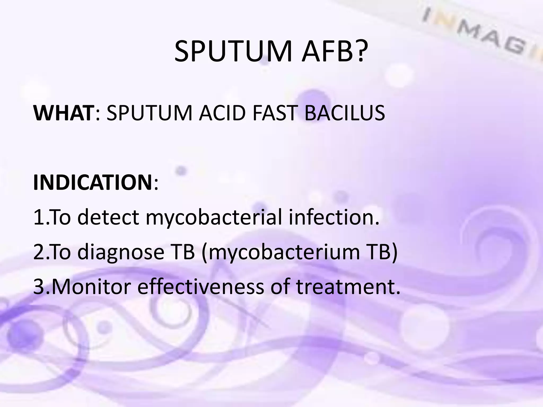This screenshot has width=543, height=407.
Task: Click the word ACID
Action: pos(222,113)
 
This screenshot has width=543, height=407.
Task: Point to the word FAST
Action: pos(274,113)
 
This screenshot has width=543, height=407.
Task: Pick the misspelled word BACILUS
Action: pos(344,113)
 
